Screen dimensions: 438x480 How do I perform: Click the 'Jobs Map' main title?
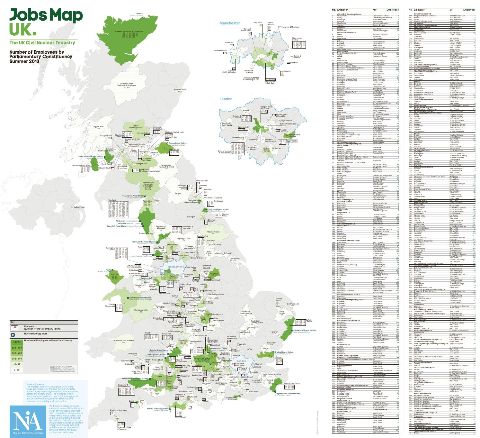tap(46, 15)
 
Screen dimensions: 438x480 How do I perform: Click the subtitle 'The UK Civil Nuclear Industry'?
tap(42, 43)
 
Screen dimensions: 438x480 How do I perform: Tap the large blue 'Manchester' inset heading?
tap(229, 23)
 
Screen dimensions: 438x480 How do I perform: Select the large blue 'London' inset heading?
tap(226, 99)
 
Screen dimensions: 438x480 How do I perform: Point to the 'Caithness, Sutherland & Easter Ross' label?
tap(128, 32)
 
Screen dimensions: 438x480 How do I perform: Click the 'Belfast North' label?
tap(79, 207)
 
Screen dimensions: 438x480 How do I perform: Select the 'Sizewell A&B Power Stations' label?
tap(305, 330)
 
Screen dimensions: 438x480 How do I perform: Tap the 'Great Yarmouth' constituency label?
tap(292, 304)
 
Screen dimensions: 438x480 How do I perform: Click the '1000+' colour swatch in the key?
tap(16, 342)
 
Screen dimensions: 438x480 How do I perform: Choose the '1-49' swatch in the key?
tap(16, 370)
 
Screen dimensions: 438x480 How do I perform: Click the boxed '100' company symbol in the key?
tap(14, 328)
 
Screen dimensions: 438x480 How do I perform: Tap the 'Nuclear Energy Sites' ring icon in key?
tap(13, 335)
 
